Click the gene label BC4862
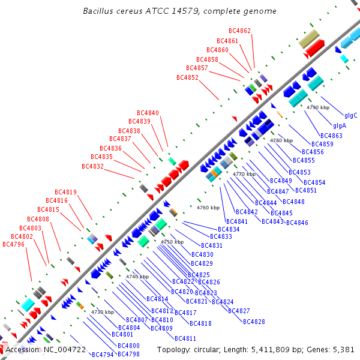coord(240,31)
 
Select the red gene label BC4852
coord(187,77)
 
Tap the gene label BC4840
coord(148,113)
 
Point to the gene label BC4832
coord(92,166)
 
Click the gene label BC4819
coord(65,192)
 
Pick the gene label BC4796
coord(13,244)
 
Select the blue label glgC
coord(351,115)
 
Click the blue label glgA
coord(340,125)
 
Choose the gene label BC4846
coord(297,223)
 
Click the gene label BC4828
coord(254,321)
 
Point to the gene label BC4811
coord(185,338)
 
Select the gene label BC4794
coord(103,354)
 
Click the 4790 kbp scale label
coord(318,107)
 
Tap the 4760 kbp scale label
coord(208,208)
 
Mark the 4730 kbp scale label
coord(102,312)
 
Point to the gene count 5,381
coord(343,349)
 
